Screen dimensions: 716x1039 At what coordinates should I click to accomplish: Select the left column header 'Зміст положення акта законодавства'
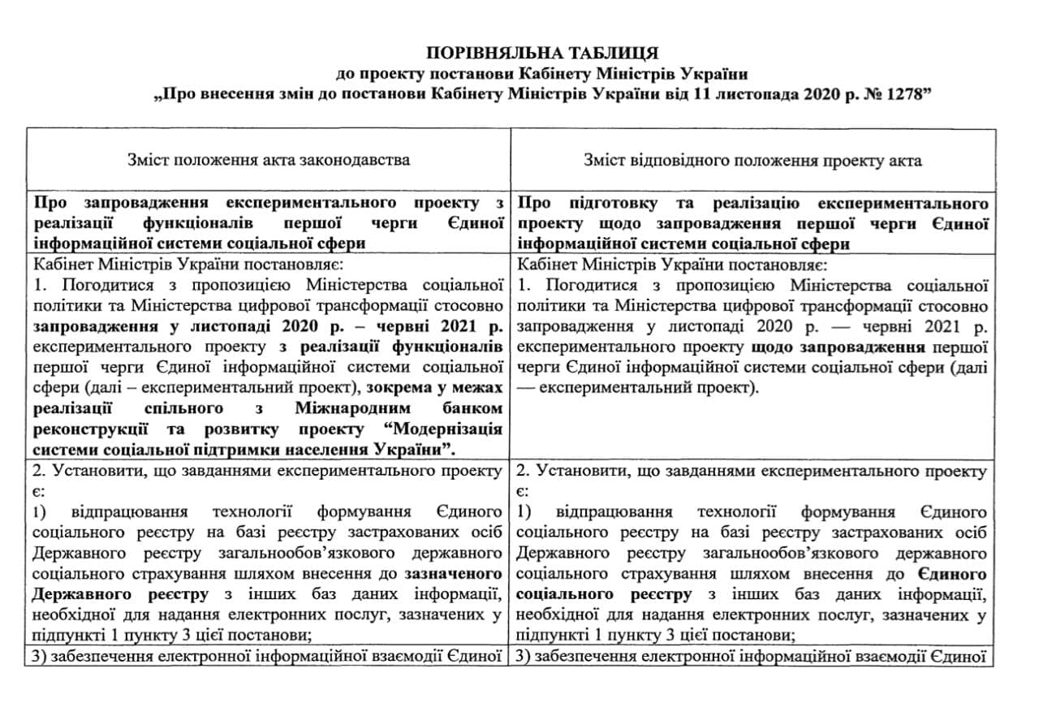click(269, 160)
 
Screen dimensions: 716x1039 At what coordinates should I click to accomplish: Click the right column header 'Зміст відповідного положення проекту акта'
click(752, 160)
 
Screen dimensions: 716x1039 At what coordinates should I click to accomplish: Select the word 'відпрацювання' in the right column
click(614, 513)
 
